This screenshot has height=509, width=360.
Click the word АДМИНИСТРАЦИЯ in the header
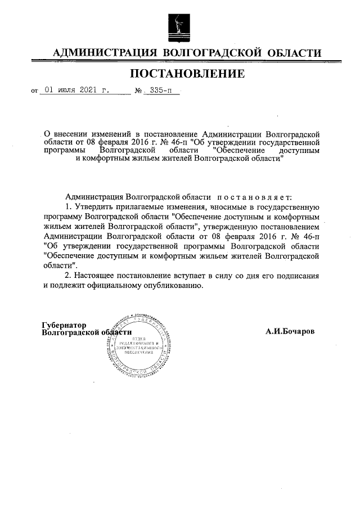[x=103, y=53]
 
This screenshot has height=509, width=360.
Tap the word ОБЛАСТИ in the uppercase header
[x=292, y=53]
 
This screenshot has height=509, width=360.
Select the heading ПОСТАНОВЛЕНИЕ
[x=187, y=73]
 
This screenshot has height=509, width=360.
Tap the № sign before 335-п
[x=139, y=90]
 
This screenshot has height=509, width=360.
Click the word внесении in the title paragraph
[x=75, y=134]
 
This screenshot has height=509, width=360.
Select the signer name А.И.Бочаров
[x=290, y=331]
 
